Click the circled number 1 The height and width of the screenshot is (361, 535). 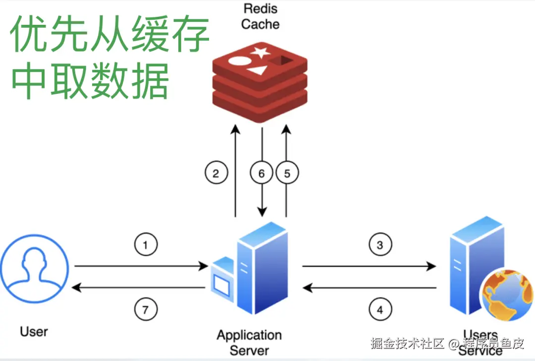click(x=146, y=245)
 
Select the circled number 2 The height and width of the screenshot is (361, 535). click(x=216, y=173)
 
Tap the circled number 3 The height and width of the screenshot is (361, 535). click(x=380, y=245)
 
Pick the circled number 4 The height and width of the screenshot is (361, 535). click(x=380, y=310)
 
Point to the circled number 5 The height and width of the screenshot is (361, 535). click(x=287, y=173)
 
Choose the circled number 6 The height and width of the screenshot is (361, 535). click(x=262, y=173)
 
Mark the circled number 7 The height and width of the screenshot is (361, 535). click(x=146, y=310)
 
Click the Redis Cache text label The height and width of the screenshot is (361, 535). click(x=260, y=16)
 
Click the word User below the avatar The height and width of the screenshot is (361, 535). click(x=34, y=331)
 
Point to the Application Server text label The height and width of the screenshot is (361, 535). click(x=249, y=343)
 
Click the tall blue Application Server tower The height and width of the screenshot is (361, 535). click(x=263, y=270)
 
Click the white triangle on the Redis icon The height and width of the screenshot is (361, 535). click(x=257, y=70)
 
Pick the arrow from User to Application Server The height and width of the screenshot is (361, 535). click(x=141, y=267)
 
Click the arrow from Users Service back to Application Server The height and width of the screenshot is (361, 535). click(x=369, y=288)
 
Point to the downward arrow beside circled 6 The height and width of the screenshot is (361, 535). click(x=262, y=198)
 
